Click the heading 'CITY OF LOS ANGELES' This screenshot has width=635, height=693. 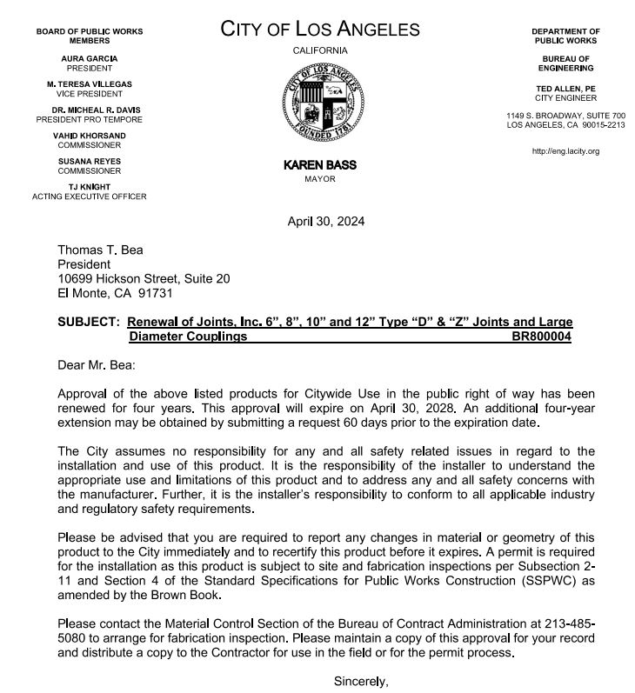coord(320,30)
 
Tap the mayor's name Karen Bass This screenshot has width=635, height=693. coord(320,165)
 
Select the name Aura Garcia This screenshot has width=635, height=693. coord(90,58)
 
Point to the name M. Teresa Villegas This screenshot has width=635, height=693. coord(90,83)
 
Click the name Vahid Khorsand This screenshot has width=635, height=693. coord(90,136)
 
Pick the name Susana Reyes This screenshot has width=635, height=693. coord(90,162)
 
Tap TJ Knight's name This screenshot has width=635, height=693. coord(90,187)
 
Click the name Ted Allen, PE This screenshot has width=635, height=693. coord(565,89)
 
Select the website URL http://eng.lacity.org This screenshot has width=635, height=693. coord(565,151)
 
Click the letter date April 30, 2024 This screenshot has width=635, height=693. coord(326,221)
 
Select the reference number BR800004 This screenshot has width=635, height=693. coord(543,336)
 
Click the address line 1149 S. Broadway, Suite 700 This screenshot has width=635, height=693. coord(565,116)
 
